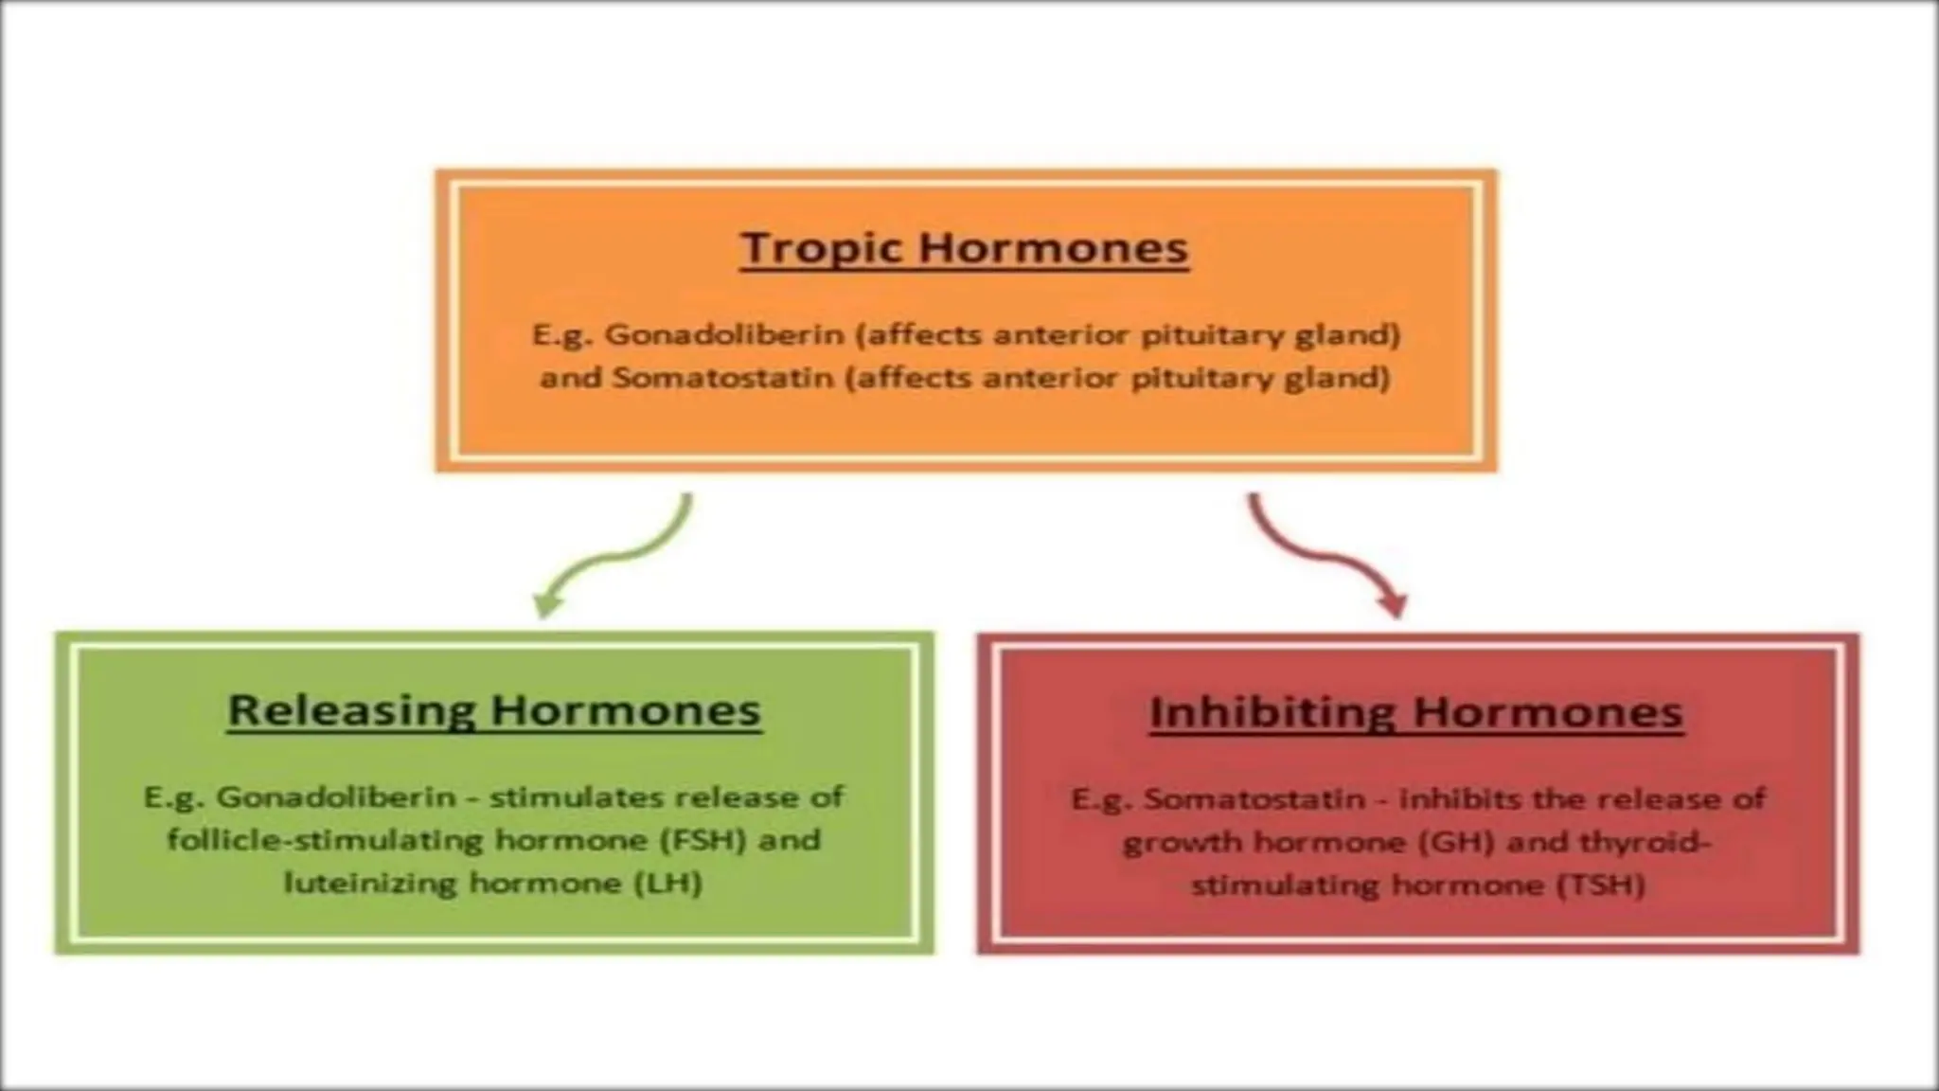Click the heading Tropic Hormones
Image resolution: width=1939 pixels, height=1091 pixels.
click(x=964, y=248)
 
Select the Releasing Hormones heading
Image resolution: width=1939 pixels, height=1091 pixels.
click(x=494, y=710)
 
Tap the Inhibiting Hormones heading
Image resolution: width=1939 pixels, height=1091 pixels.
click(x=1416, y=712)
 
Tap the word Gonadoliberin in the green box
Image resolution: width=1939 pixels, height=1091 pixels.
click(x=336, y=796)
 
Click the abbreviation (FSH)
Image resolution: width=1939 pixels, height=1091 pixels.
click(x=700, y=840)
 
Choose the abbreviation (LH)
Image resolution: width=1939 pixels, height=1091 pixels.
click(x=667, y=884)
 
